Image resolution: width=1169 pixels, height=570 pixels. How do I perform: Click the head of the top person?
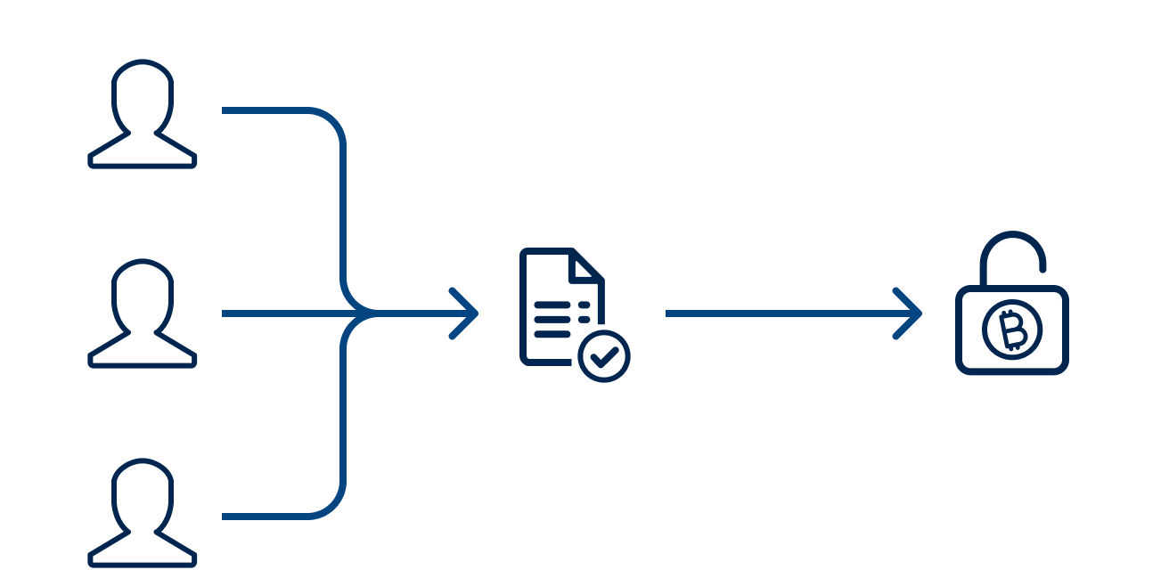(x=143, y=94)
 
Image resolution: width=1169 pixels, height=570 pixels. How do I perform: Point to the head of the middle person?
(x=143, y=293)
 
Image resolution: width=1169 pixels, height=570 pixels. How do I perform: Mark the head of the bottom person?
(x=143, y=493)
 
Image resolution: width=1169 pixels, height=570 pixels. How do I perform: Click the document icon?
(x=561, y=307)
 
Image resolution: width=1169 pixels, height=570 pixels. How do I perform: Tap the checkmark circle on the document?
(x=604, y=355)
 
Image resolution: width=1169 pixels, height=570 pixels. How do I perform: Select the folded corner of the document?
(x=586, y=266)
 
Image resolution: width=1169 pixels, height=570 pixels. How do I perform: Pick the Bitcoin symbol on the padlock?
(x=1012, y=330)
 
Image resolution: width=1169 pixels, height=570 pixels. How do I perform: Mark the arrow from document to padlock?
(x=784, y=313)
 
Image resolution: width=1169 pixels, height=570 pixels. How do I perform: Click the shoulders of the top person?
(x=143, y=153)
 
